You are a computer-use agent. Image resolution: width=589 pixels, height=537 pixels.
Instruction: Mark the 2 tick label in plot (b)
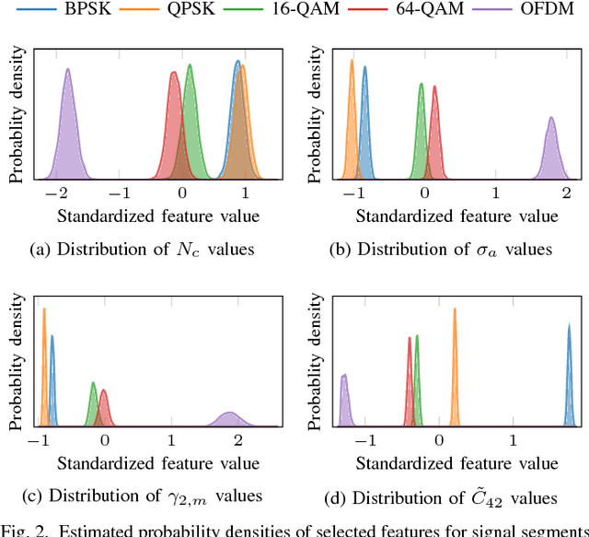[x=567, y=194]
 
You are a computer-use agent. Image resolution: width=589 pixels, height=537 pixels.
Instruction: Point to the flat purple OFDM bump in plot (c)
[x=228, y=418]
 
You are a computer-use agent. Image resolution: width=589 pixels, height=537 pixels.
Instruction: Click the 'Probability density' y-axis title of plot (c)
[x=17, y=363]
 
